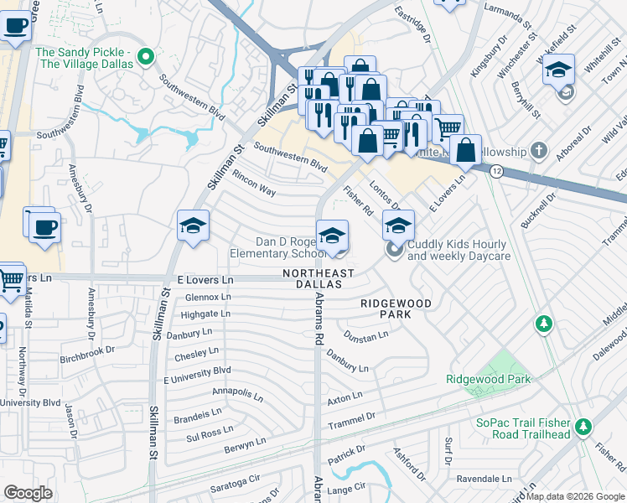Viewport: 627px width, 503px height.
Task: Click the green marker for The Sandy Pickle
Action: [146, 58]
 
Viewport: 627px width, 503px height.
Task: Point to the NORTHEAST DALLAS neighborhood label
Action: [318, 279]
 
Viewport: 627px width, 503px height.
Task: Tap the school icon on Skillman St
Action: [192, 226]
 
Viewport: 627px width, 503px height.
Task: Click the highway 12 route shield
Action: [497, 171]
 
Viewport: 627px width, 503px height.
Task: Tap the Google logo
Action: [28, 492]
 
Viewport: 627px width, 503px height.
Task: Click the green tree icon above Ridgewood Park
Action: [545, 323]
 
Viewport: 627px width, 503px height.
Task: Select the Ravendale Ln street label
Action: [484, 479]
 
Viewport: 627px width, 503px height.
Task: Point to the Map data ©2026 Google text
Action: [576, 496]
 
